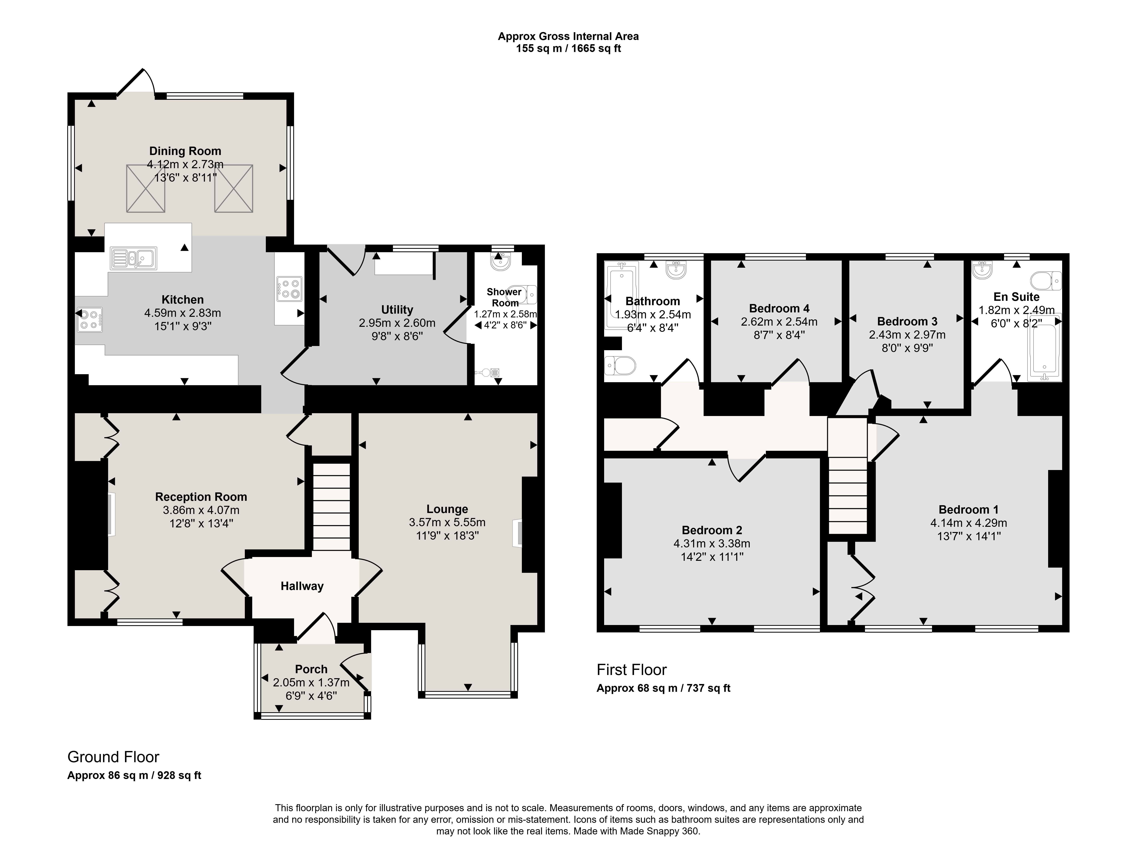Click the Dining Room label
tap(185, 151)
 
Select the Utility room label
tap(397, 310)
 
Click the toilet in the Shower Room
tap(522, 294)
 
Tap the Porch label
tap(311, 669)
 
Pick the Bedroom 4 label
tap(779, 308)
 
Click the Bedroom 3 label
tap(907, 321)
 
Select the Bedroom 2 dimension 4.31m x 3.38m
tap(712, 543)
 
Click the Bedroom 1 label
tap(968, 509)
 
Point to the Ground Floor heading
tap(113, 757)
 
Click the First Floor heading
tap(632, 670)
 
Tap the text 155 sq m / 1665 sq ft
tap(568, 49)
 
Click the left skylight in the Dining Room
tap(146, 188)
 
